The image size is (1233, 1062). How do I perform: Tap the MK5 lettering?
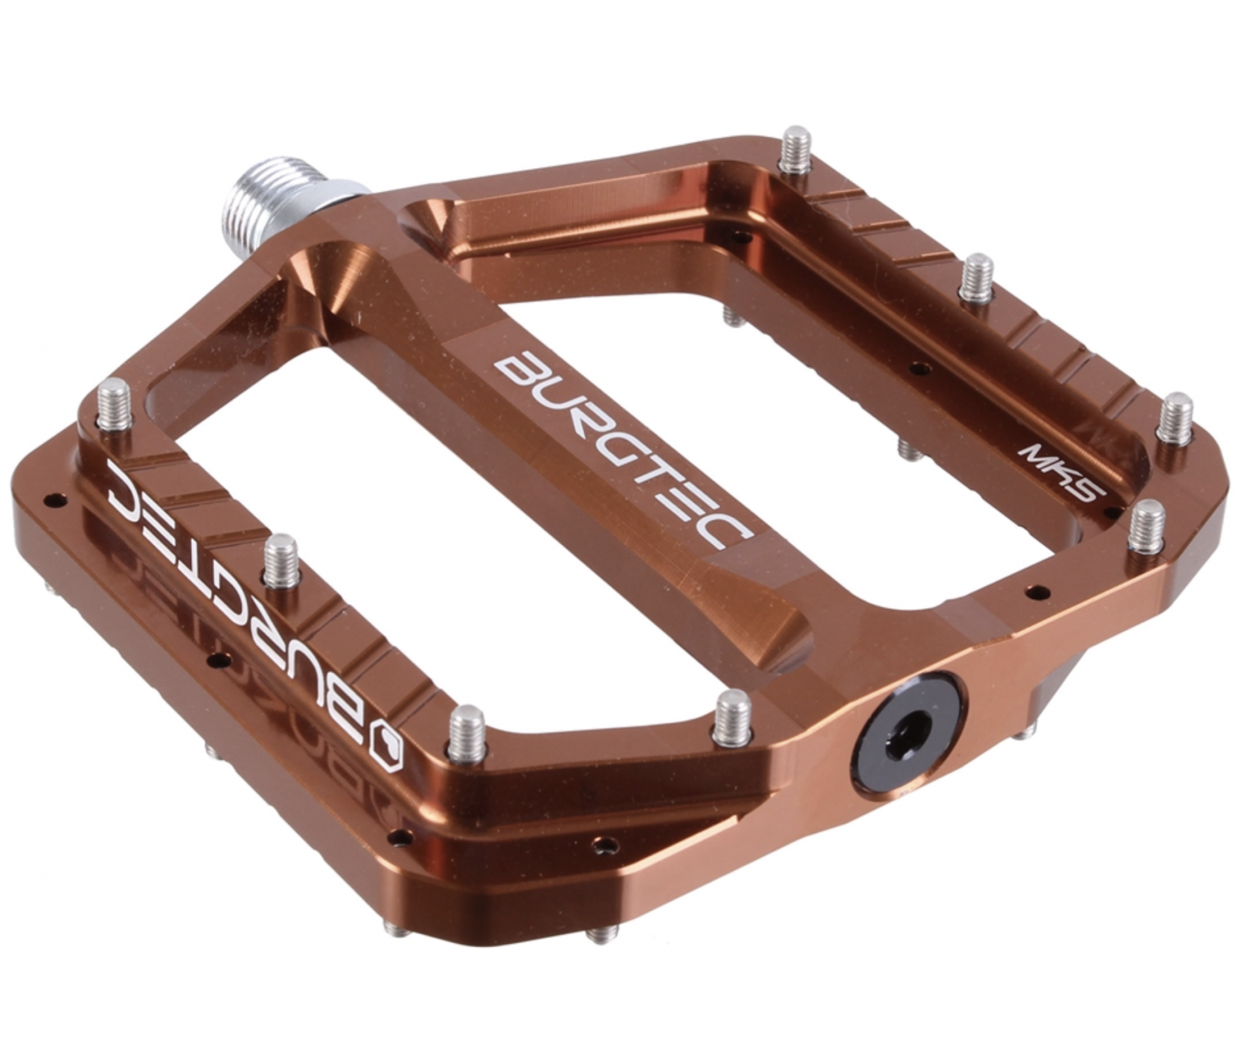coord(1063,473)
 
